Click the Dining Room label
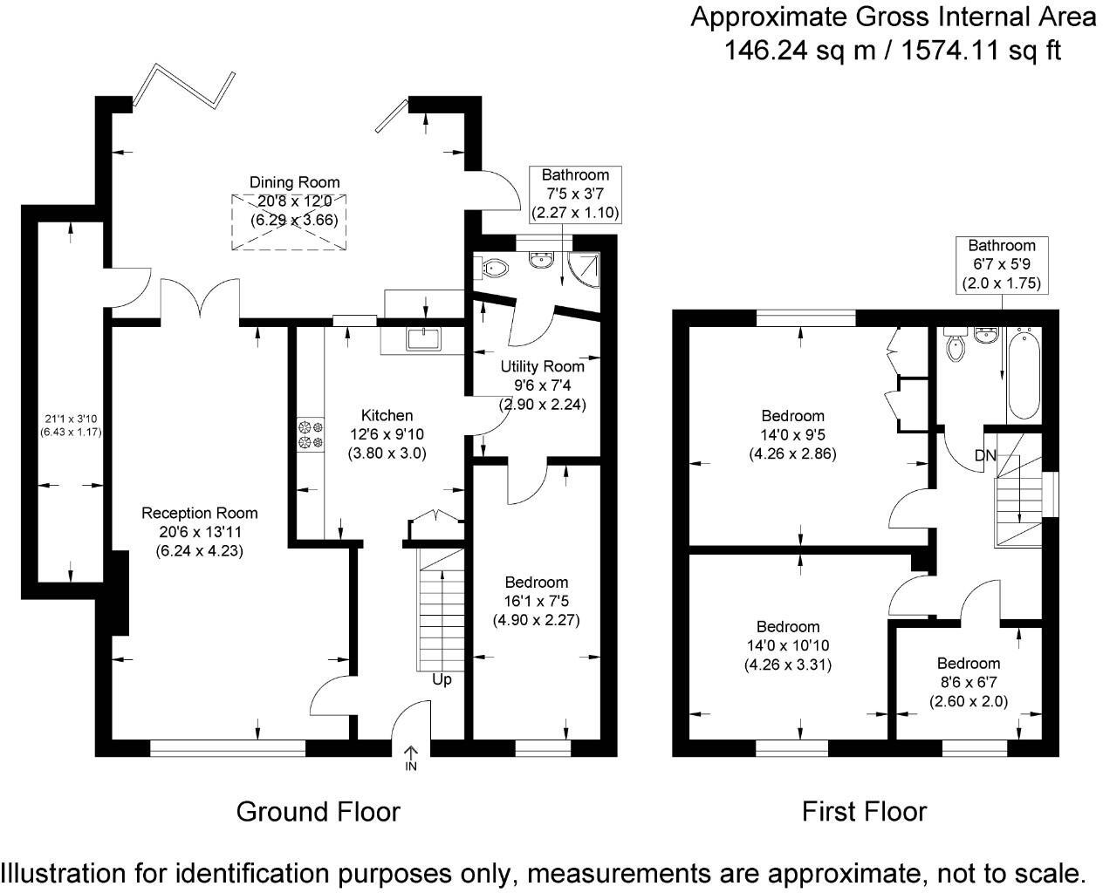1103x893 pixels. (x=294, y=182)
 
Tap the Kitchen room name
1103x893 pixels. (x=387, y=415)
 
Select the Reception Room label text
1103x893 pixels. (x=199, y=514)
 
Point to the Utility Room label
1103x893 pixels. (x=542, y=367)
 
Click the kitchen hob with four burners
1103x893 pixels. (x=311, y=434)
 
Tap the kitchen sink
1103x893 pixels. (x=423, y=339)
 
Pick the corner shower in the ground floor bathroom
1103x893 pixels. (x=585, y=269)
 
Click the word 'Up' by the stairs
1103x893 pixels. (x=442, y=679)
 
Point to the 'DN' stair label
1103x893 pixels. (x=985, y=455)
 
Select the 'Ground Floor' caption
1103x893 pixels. (x=318, y=812)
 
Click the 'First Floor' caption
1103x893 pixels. (x=864, y=811)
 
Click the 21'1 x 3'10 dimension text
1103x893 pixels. (x=71, y=419)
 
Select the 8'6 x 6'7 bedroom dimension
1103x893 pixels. (x=969, y=683)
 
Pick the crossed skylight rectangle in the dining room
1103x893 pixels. (x=289, y=222)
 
